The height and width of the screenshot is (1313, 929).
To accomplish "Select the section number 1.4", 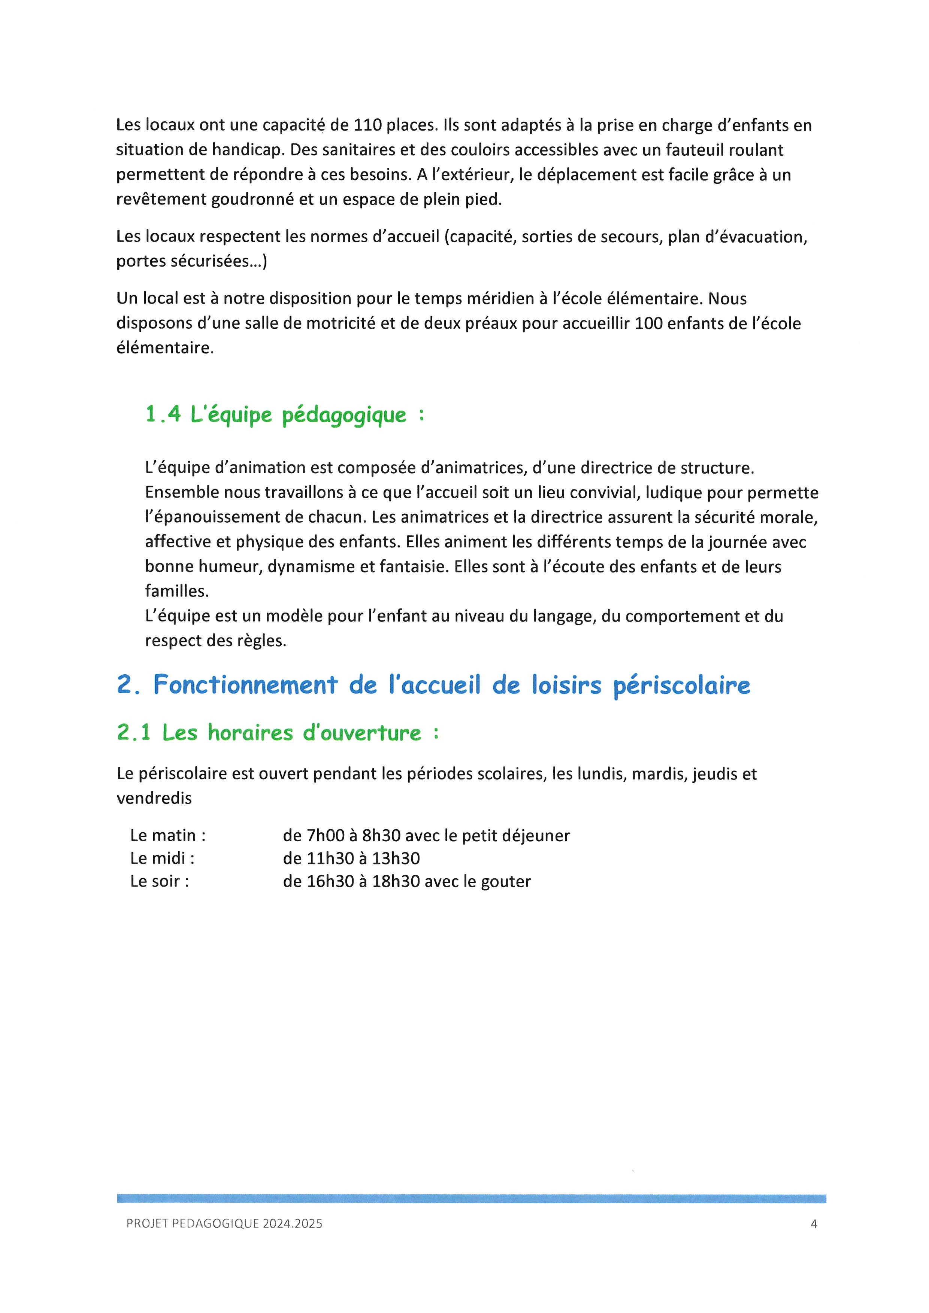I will pyautogui.click(x=163, y=414).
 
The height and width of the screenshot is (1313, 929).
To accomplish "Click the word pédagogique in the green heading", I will pyautogui.click(x=344, y=416).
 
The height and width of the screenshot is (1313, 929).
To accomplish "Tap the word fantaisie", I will pyautogui.click(x=413, y=567).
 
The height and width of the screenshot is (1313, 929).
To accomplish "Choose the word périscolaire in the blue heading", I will pyautogui.click(x=681, y=686).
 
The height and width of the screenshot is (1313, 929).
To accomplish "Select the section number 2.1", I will pyautogui.click(x=134, y=733).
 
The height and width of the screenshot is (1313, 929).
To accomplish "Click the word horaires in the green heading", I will pyautogui.click(x=250, y=733).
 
